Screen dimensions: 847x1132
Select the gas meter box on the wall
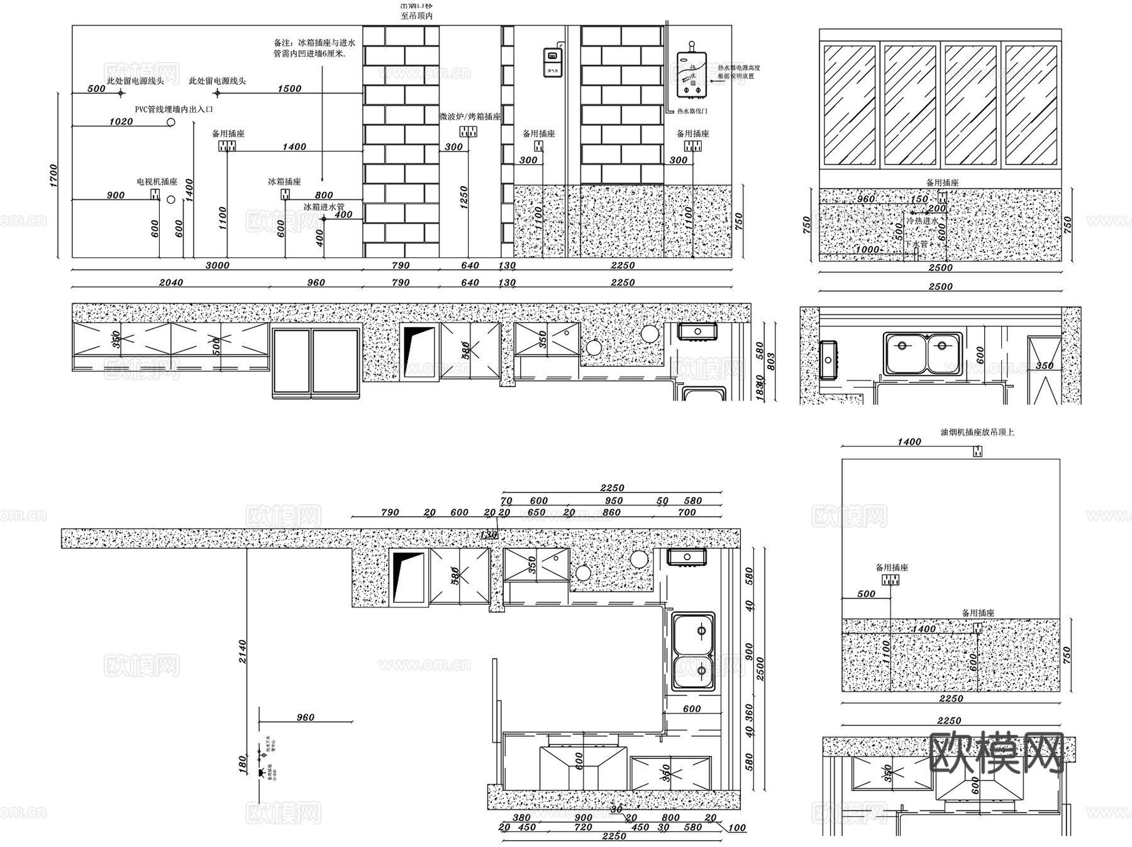(x=553, y=62)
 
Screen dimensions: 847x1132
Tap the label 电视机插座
(x=157, y=182)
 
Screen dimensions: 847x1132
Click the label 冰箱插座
(x=284, y=182)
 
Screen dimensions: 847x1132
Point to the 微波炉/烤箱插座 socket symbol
(x=468, y=131)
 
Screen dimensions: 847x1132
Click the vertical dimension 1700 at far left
(x=53, y=175)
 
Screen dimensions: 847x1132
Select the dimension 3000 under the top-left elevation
(x=218, y=265)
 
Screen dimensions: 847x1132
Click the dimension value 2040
(x=171, y=283)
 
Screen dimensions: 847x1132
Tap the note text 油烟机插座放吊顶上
(x=977, y=432)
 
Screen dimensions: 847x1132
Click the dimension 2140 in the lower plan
(x=243, y=652)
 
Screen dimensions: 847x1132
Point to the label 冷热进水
(x=922, y=221)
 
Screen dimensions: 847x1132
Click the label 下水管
(x=916, y=244)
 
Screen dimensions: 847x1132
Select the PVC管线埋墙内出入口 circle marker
(x=170, y=122)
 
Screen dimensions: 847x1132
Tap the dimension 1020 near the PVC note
(x=121, y=122)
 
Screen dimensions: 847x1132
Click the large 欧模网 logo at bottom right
(x=996, y=753)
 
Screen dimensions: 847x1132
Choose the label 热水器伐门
(x=692, y=111)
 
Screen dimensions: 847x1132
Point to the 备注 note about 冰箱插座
(x=314, y=48)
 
